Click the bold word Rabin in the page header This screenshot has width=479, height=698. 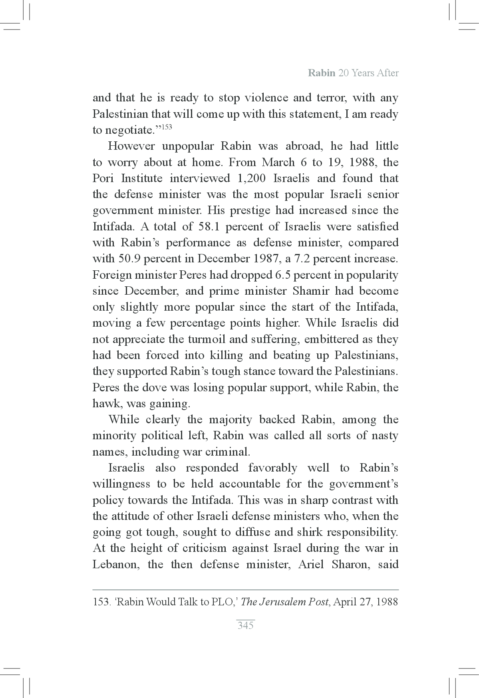(321, 73)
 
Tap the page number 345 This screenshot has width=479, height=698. (245, 625)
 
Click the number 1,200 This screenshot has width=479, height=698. (251, 178)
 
